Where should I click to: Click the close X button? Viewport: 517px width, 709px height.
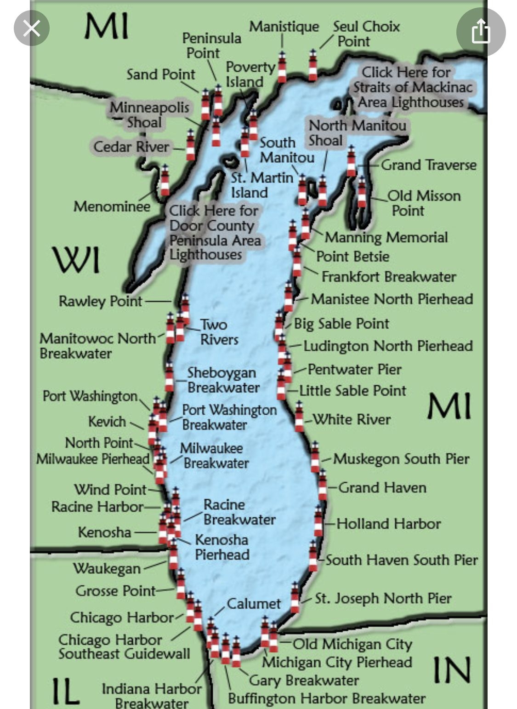click(x=31, y=29)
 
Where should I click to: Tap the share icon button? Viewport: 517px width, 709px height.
click(x=481, y=31)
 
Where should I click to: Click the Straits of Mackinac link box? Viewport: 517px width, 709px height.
click(x=412, y=87)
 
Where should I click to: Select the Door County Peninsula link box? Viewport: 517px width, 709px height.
click(x=215, y=233)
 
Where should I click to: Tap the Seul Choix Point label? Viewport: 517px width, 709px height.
click(x=366, y=34)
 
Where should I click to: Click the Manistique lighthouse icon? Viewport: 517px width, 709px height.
click(x=282, y=67)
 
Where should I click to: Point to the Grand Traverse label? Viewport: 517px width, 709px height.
click(x=428, y=165)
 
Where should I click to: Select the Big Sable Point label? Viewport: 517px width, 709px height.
click(x=341, y=323)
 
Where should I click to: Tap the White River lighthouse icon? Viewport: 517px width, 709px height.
click(x=299, y=416)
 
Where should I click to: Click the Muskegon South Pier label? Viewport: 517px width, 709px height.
click(x=401, y=458)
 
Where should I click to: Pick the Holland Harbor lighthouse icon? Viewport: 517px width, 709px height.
click(x=318, y=521)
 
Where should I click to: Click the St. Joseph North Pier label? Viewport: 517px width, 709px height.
click(x=383, y=598)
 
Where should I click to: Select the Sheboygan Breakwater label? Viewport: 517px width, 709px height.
click(x=223, y=380)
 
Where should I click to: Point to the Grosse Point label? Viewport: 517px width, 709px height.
click(x=115, y=590)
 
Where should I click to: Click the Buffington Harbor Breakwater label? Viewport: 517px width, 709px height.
click(x=326, y=698)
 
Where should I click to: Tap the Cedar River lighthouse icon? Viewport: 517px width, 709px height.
click(x=190, y=145)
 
